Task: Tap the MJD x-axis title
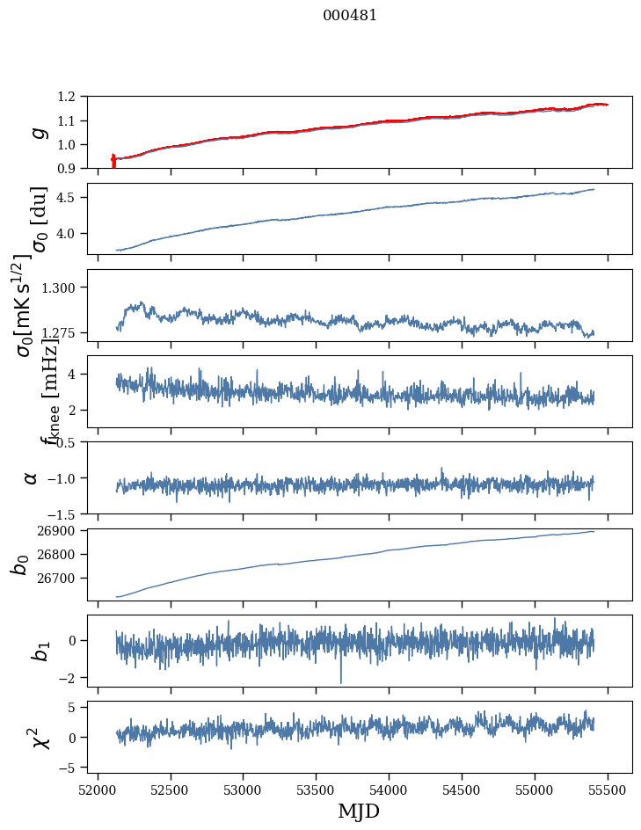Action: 359,811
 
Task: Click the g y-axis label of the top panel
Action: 37,133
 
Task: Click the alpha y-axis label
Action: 32,477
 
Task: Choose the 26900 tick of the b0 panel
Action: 62,531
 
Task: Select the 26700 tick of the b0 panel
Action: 62,579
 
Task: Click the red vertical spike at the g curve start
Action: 113,162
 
